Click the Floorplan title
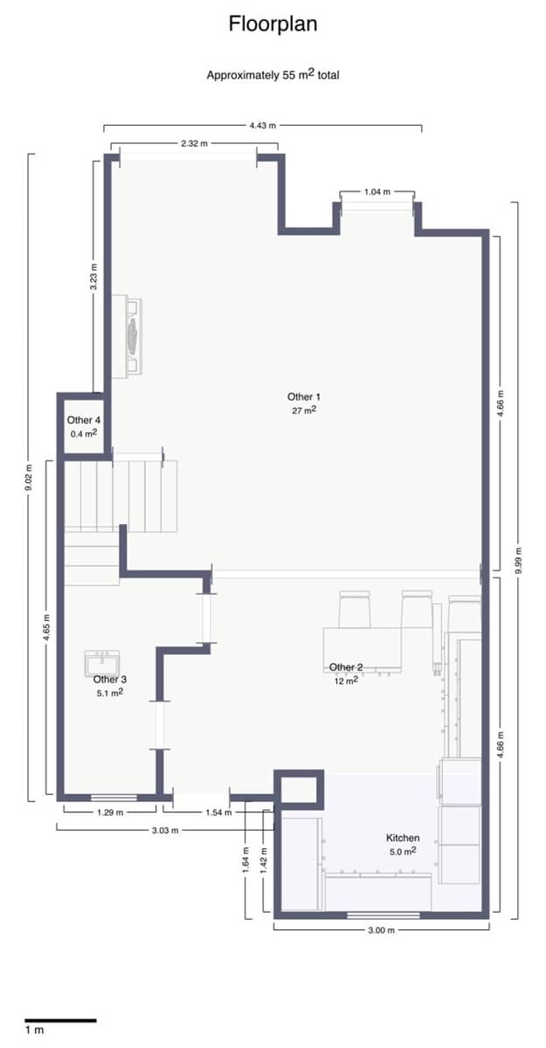pyautogui.click(x=273, y=24)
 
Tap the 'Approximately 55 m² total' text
pyautogui.click(x=273, y=74)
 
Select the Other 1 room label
pyautogui.click(x=303, y=403)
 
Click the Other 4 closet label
pyautogui.click(x=84, y=426)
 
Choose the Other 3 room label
pyautogui.click(x=110, y=685)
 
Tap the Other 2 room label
pyautogui.click(x=346, y=673)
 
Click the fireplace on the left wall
pyautogui.click(x=134, y=336)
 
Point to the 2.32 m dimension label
pyautogui.click(x=194, y=142)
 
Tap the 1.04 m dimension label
pyautogui.click(x=377, y=191)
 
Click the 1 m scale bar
pyautogui.click(x=59, y=1019)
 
